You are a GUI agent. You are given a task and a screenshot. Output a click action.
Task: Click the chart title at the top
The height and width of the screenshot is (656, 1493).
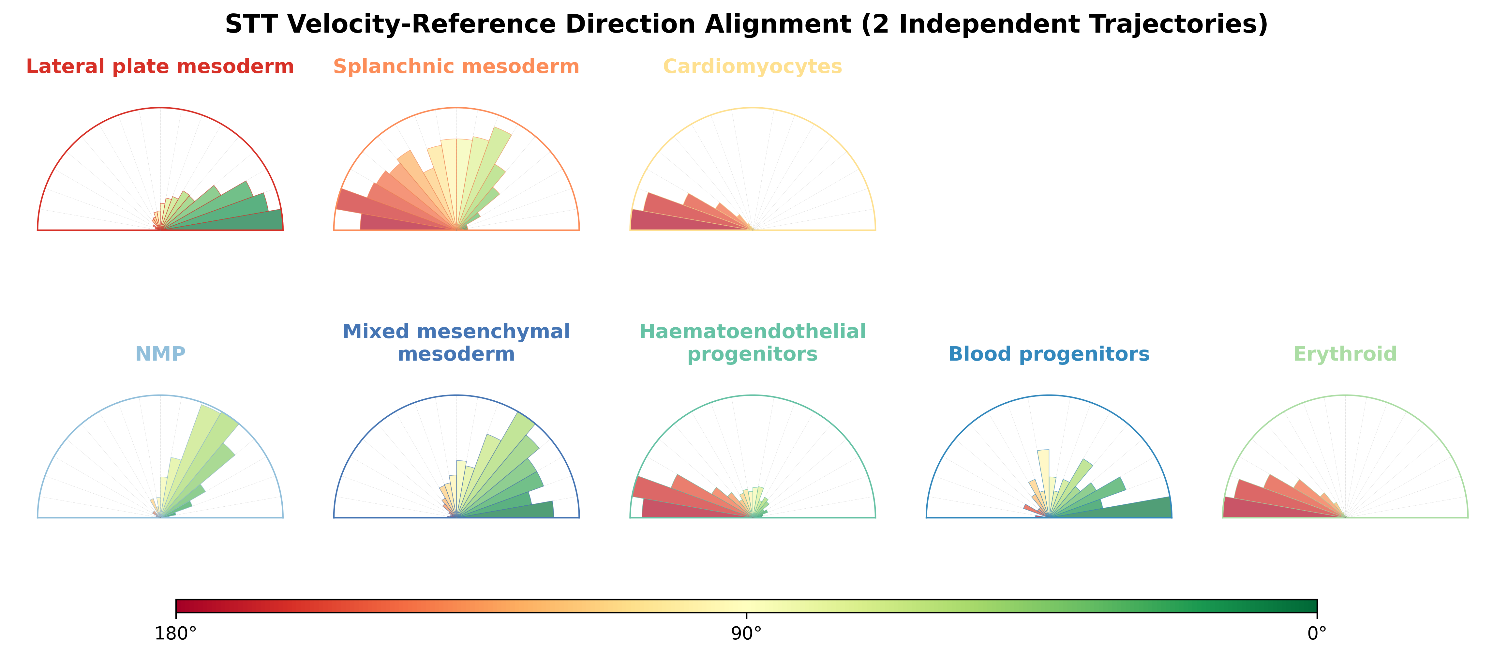tap(747, 24)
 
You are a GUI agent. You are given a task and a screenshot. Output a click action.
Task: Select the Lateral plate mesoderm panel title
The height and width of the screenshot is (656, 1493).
tap(160, 67)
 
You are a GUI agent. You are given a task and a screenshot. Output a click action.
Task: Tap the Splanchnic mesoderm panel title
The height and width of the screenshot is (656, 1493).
tap(456, 67)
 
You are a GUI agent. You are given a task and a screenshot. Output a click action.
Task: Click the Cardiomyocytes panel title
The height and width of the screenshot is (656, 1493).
tap(752, 67)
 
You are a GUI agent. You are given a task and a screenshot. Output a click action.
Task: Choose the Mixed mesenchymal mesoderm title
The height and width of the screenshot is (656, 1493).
tap(456, 342)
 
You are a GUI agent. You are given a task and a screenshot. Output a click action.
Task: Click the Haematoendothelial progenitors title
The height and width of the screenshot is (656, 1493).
tap(752, 342)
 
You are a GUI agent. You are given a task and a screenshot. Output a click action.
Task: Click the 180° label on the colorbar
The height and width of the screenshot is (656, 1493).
tap(176, 634)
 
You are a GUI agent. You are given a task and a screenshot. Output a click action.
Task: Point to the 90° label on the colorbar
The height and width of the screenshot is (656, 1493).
tap(747, 634)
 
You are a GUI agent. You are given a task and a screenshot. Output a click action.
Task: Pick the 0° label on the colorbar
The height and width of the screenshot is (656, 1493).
tap(1317, 634)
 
